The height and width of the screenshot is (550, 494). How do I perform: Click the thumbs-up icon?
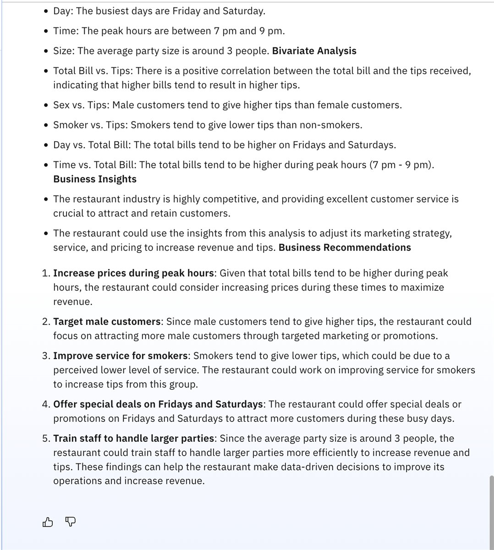48,522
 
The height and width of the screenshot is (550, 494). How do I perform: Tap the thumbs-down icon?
71,522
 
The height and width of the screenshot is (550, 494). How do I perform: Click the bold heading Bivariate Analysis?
314,51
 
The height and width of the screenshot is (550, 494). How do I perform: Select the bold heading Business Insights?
95,179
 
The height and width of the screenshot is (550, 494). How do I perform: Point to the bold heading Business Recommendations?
345,247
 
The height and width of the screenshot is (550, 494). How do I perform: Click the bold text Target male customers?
107,322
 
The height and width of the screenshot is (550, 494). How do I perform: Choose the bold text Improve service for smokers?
121,356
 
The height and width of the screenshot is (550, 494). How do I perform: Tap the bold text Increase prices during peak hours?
133,273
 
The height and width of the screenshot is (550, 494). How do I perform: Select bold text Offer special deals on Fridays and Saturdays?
158,404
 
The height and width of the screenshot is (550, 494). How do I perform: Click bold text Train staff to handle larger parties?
133,439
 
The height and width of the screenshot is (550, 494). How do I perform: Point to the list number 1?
45,274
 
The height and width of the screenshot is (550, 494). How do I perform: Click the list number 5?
45,439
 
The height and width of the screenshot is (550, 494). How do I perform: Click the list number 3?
45,356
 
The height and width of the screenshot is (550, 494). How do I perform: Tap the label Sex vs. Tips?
80,105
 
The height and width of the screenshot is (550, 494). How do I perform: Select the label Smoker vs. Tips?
89,125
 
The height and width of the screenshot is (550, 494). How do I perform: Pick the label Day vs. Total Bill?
92,145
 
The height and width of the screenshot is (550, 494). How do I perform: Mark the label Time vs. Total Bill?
93,165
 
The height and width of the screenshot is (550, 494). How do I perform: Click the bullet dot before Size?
46,51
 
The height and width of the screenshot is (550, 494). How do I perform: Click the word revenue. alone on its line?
73,302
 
